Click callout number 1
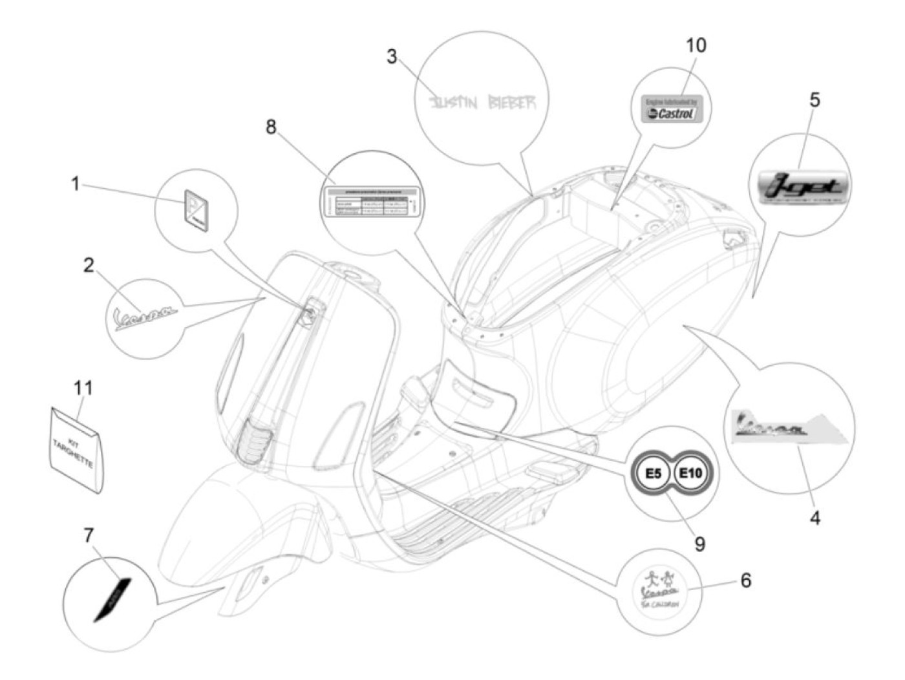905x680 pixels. pos(75,184)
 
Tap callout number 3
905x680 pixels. pos(392,57)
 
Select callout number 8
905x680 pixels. pos(271,127)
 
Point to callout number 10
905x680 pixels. pos(696,45)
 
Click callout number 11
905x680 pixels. pos(83,388)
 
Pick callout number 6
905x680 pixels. pos(745,580)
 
